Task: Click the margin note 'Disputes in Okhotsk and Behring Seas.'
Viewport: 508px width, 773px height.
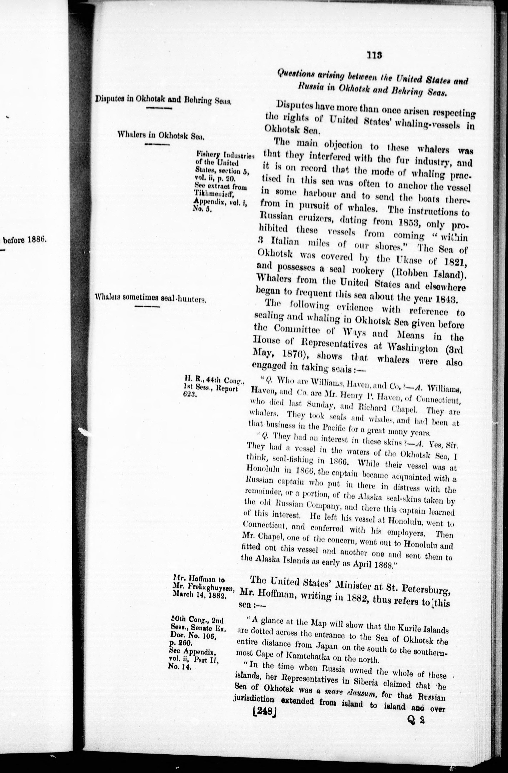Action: click(x=163, y=100)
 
